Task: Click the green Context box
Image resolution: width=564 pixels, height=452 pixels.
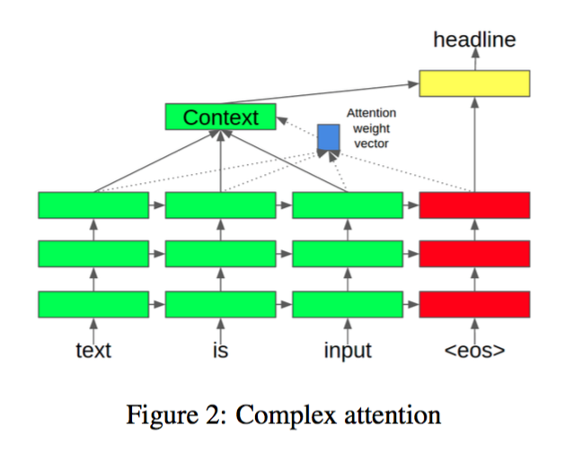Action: tap(220, 117)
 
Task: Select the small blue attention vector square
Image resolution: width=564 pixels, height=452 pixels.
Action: tap(329, 137)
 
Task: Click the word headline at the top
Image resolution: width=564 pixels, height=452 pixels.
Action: tap(475, 39)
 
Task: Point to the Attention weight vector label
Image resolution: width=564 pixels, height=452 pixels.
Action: tap(371, 128)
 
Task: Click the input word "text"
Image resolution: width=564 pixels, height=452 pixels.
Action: tap(93, 351)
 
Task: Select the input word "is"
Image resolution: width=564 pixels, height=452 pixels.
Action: tap(220, 351)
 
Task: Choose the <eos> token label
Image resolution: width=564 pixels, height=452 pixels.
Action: tap(475, 351)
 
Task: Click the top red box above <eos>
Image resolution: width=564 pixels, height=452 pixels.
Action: tap(475, 205)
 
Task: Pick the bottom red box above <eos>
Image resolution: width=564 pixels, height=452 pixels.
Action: tap(475, 304)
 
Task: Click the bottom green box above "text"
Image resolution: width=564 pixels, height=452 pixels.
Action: tap(93, 304)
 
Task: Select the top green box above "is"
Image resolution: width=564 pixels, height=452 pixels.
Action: tap(220, 205)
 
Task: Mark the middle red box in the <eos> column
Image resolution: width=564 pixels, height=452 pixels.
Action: tap(475, 255)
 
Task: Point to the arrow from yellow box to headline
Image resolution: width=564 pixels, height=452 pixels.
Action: tap(475, 60)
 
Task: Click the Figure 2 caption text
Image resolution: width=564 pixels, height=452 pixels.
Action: tap(284, 415)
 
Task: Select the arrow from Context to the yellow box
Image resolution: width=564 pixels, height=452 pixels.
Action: tap(350, 93)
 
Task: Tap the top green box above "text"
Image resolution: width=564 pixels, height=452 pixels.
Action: tap(93, 205)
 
